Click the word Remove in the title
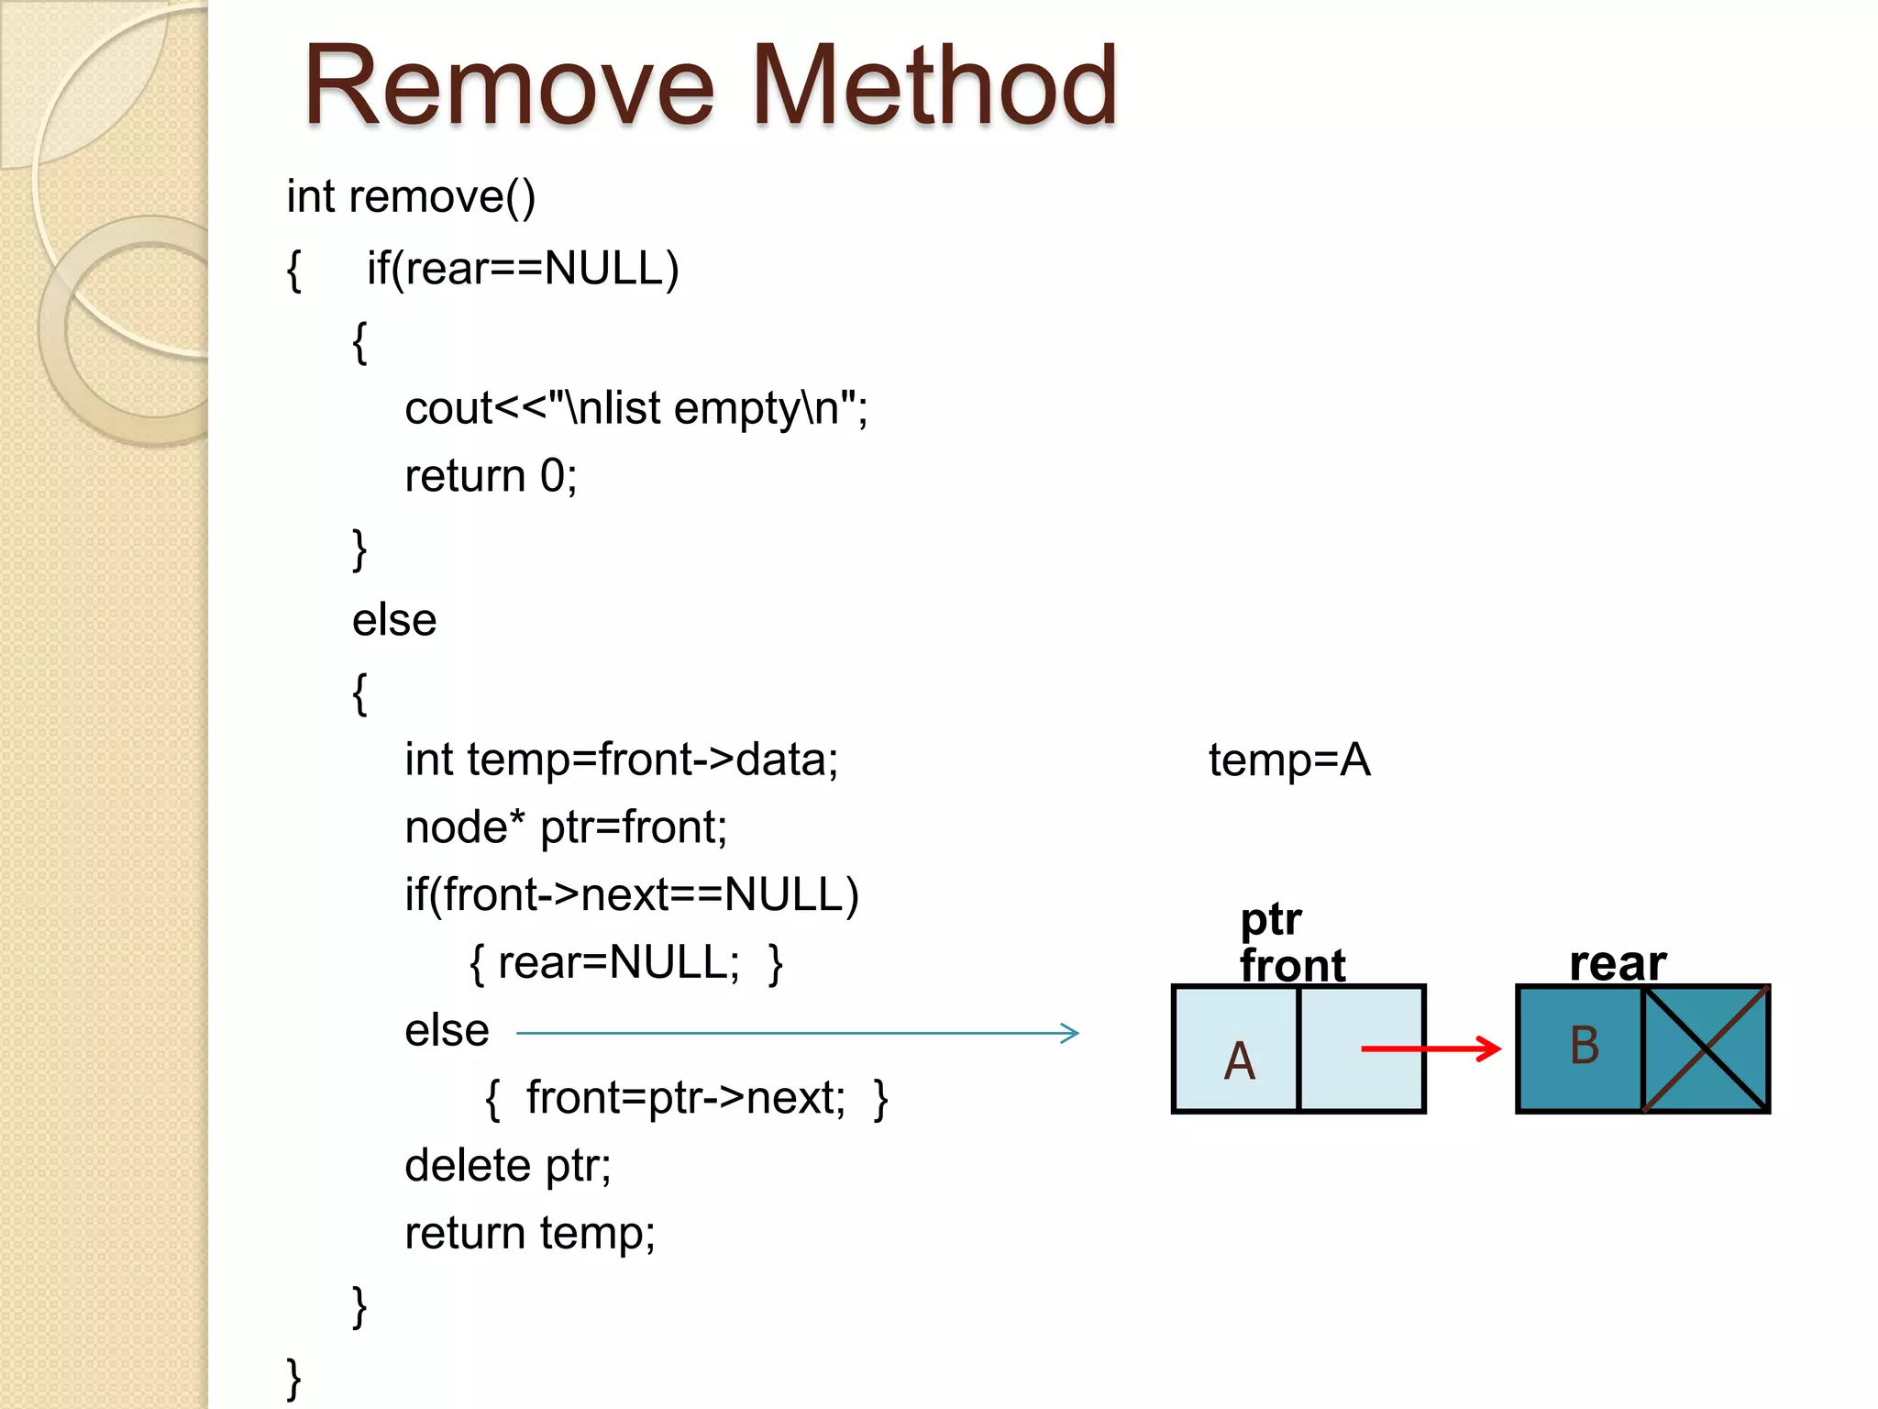click(509, 87)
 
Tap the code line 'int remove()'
click(411, 197)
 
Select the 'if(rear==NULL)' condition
click(523, 269)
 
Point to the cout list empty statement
click(635, 408)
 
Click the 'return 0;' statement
click(491, 476)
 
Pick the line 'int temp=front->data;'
click(621, 760)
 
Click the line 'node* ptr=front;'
click(566, 827)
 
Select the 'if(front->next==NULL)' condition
click(632, 894)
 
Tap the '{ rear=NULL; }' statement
click(626, 963)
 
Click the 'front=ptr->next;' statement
click(686, 1098)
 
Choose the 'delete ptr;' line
click(507, 1166)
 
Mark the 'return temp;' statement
click(530, 1234)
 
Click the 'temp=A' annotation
click(1289, 760)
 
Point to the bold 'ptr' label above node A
click(1271, 919)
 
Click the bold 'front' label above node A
click(1292, 965)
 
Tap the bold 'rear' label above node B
click(1618, 963)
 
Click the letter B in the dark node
click(1585, 1046)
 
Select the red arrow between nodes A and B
click(1431, 1048)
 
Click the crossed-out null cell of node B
click(1705, 1048)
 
